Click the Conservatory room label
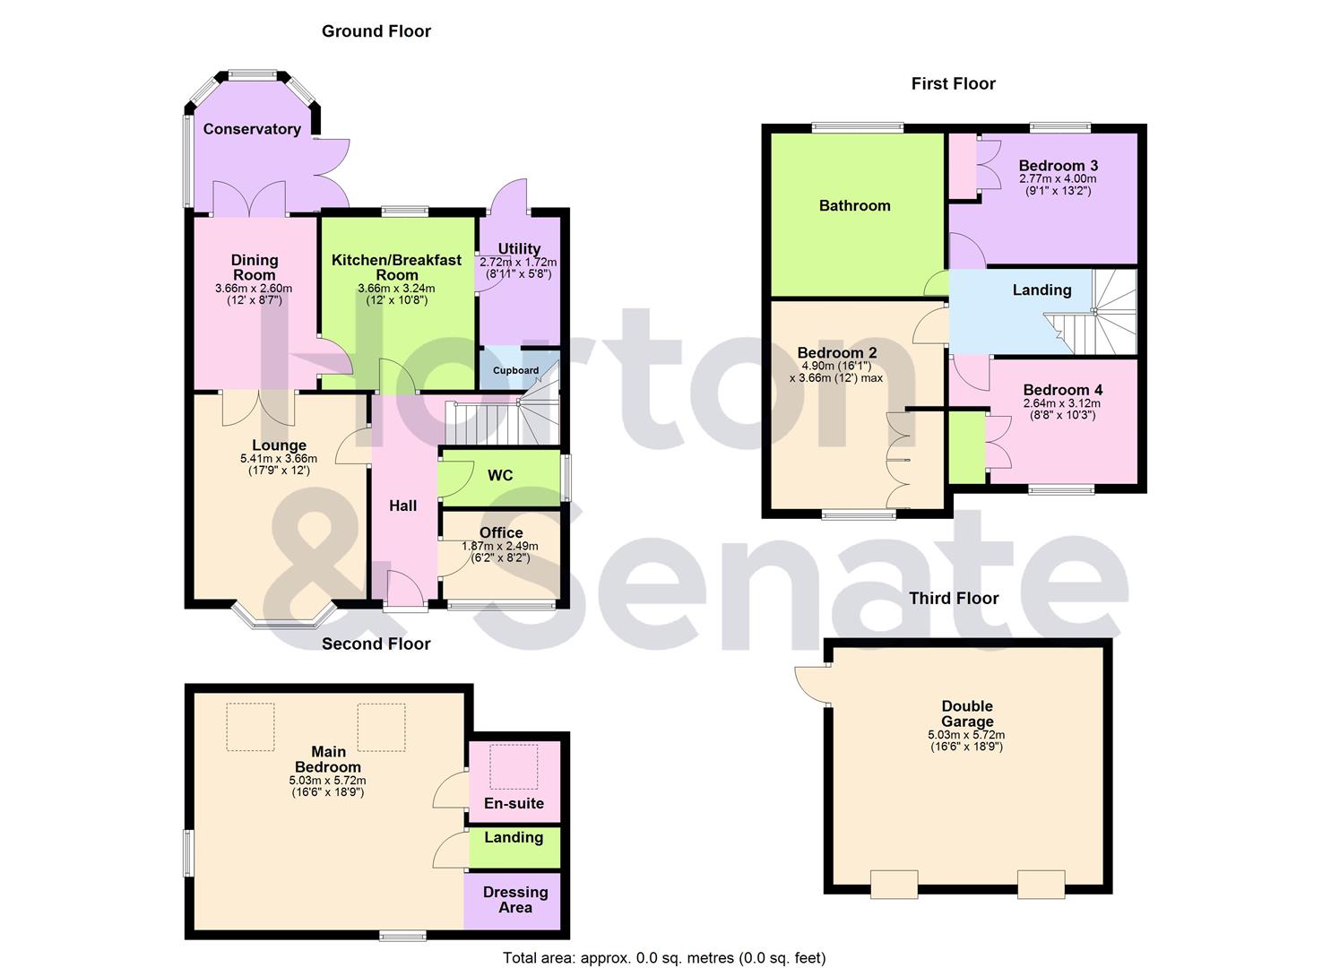click(x=252, y=129)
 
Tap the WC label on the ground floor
click(x=500, y=475)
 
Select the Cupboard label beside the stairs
click(x=515, y=370)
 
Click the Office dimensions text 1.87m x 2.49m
click(x=500, y=546)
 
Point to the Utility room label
click(x=519, y=248)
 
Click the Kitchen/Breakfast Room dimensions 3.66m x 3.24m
click(x=396, y=289)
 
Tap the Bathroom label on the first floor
click(x=854, y=205)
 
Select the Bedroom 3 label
click(x=1058, y=166)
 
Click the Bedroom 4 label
click(x=1062, y=390)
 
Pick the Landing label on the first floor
click(x=1041, y=290)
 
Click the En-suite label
click(x=514, y=803)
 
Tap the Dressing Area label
click(x=514, y=899)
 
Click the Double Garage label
click(x=966, y=713)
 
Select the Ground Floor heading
click(x=376, y=31)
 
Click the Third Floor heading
click(x=954, y=598)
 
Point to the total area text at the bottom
click(x=664, y=958)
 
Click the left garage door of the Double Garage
click(x=894, y=884)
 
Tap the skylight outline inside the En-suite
click(x=514, y=766)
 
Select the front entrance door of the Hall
click(x=405, y=592)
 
